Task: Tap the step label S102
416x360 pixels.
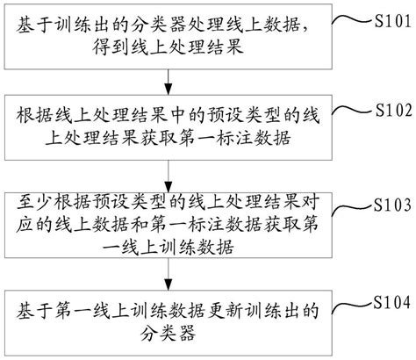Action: (x=392, y=111)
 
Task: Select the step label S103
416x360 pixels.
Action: (x=392, y=205)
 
